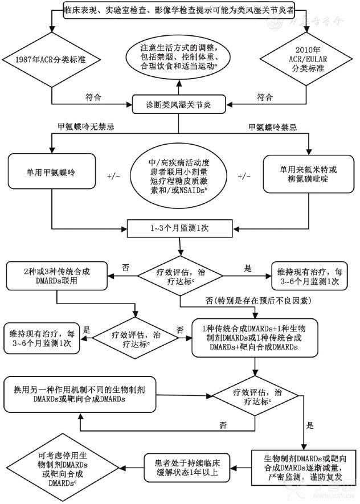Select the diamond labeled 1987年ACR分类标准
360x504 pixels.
tap(52, 59)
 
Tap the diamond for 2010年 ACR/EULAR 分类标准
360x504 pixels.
tap(307, 59)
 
